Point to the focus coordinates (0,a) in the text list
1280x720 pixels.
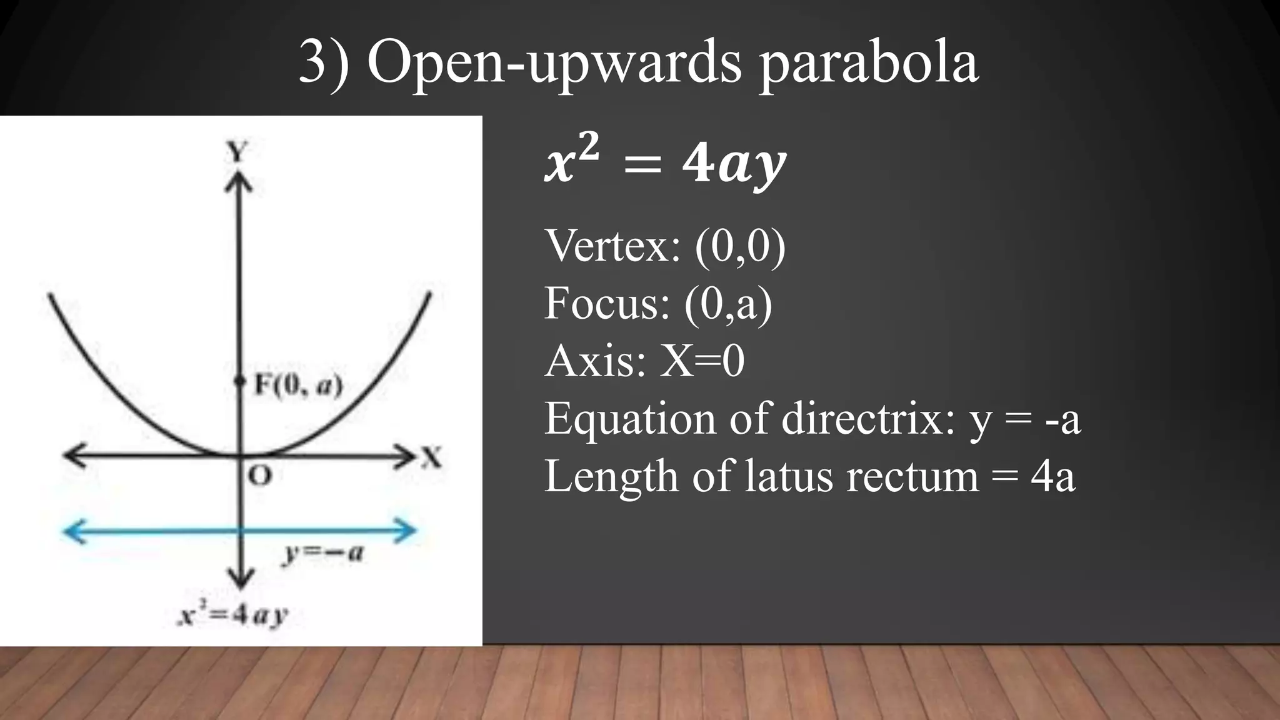point(728,304)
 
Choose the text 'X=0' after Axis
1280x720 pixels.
point(702,361)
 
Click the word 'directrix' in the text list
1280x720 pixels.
point(869,418)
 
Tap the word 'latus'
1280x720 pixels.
point(789,476)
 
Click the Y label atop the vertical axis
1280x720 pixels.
point(237,151)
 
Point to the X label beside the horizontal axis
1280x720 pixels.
point(431,457)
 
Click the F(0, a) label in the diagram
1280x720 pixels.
point(299,386)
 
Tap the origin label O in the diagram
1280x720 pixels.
point(260,476)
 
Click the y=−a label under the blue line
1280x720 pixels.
point(322,552)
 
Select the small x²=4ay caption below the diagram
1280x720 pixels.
point(232,615)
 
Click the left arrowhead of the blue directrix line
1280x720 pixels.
point(72,532)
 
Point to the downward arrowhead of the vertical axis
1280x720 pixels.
point(239,577)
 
